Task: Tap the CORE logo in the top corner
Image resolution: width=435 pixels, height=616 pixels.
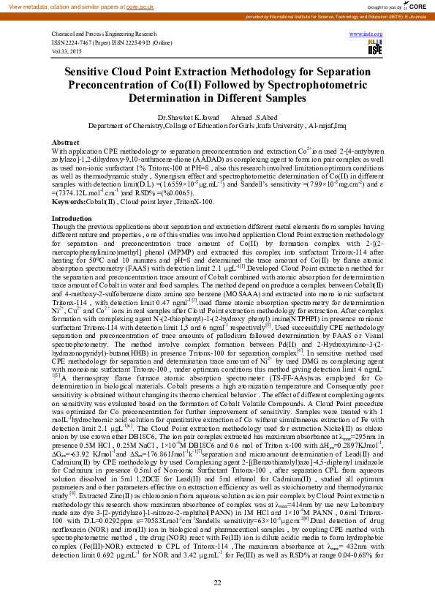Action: point(416,6)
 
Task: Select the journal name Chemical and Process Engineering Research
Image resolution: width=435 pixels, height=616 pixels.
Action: point(104,34)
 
